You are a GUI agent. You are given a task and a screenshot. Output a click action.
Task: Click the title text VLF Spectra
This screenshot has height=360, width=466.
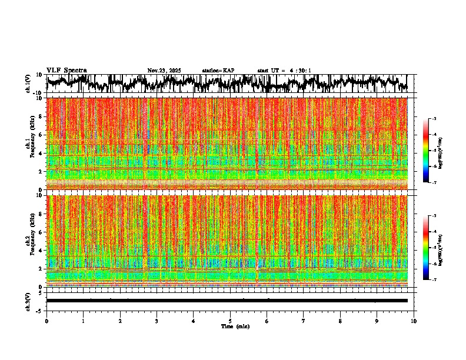66,70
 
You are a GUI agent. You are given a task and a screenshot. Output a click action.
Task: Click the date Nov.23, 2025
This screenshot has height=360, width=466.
164,71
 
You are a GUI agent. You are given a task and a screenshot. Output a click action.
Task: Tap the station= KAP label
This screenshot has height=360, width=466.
218,71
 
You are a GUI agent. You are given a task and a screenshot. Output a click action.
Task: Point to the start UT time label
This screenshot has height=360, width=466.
284,71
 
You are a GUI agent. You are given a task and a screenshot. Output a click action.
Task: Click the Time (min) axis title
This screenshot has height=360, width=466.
235,326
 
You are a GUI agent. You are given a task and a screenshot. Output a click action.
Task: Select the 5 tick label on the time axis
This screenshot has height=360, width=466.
230,321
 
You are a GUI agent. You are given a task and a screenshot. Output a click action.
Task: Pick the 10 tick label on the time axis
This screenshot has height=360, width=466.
414,321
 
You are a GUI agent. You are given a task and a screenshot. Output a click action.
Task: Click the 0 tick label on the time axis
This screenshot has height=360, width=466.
46,321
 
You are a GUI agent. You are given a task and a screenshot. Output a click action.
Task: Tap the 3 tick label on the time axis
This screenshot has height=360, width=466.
157,321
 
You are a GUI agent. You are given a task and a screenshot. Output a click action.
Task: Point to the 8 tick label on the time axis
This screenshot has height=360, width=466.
340,321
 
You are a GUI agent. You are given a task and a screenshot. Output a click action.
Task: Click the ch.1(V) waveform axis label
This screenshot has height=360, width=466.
28,84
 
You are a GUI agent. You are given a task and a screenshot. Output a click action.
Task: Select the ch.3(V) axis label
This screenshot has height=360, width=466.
28,301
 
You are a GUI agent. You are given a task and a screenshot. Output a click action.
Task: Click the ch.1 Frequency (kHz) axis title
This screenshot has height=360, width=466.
29,144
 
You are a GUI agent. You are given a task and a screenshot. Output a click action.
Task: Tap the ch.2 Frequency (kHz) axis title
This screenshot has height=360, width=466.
29,241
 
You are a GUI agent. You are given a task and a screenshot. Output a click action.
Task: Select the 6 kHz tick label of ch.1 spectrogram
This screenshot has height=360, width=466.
41,135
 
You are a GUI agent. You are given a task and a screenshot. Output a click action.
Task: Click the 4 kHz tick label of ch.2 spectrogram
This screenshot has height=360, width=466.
41,250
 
